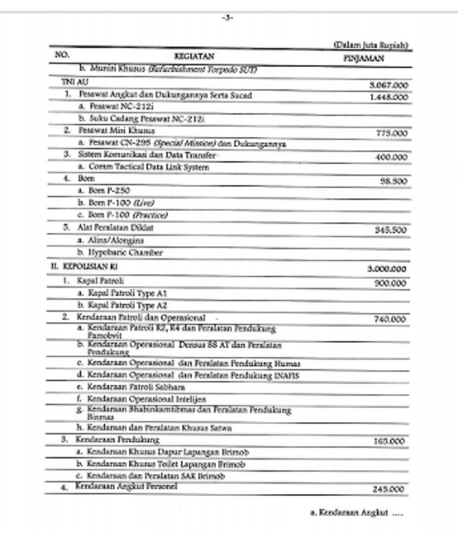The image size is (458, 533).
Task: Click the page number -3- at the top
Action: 229,18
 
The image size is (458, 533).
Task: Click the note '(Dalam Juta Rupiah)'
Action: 371,45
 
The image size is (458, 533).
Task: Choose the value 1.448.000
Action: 388,97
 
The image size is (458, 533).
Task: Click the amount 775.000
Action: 391,133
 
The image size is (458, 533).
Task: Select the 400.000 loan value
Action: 391,157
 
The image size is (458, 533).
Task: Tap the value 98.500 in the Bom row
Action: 393,181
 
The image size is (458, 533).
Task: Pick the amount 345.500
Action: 391,229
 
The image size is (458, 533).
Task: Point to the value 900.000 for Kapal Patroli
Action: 390,282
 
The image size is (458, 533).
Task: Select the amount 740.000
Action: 390,319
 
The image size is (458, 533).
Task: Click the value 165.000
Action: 390,441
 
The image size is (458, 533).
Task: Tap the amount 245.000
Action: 390,489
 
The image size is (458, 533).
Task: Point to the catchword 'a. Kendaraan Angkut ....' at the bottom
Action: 357,513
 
